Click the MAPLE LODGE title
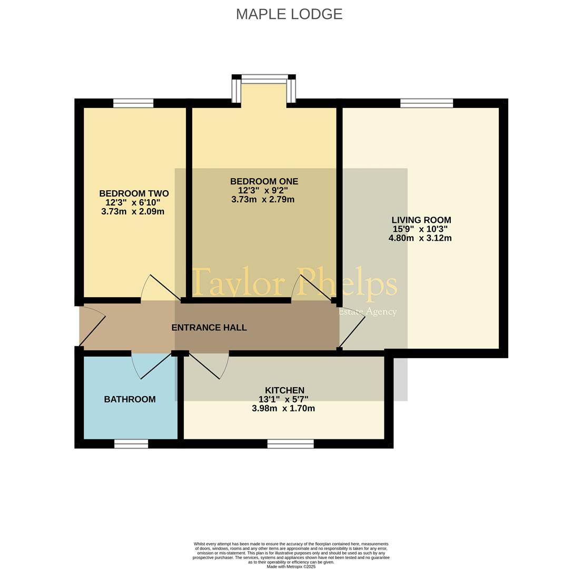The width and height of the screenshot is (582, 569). click(x=289, y=14)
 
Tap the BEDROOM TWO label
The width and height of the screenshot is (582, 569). click(x=134, y=193)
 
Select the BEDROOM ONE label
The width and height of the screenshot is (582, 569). click(x=264, y=182)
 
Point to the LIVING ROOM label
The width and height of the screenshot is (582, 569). click(x=421, y=220)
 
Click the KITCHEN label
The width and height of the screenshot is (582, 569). click(x=285, y=390)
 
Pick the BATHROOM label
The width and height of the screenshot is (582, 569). click(x=130, y=399)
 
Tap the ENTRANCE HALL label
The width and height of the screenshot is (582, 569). click(x=209, y=328)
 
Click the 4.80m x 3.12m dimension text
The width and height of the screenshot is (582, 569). click(x=420, y=238)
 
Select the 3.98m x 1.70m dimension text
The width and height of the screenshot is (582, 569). click(x=283, y=409)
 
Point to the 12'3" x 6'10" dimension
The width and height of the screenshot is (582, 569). click(x=133, y=203)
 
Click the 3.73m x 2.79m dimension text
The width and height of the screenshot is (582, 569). click(x=263, y=200)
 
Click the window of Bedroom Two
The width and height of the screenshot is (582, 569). click(x=133, y=103)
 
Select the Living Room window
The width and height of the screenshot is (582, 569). click(x=427, y=103)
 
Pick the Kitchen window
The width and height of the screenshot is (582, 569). click(x=291, y=444)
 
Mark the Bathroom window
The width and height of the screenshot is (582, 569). click(x=131, y=444)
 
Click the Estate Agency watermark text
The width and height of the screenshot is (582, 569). click(x=368, y=312)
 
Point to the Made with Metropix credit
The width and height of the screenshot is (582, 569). click(x=291, y=567)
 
